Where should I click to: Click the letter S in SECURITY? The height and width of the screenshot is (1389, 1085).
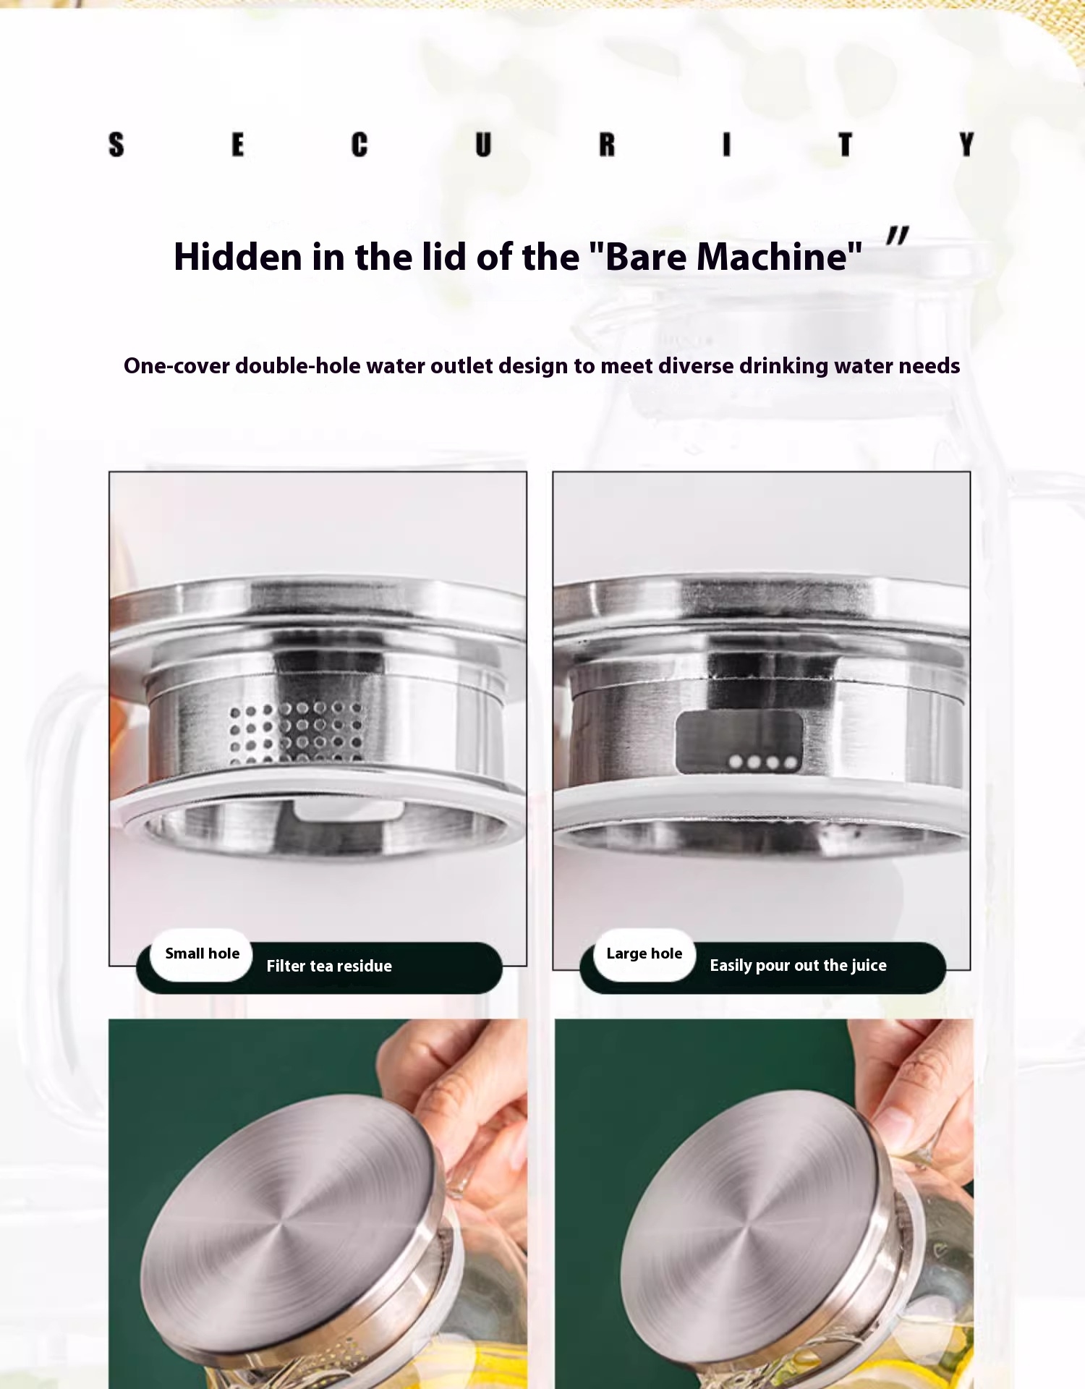pyautogui.click(x=116, y=145)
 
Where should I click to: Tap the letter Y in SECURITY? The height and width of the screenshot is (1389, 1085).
pyautogui.click(x=966, y=145)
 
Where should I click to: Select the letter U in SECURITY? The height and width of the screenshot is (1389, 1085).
pyautogui.click(x=483, y=145)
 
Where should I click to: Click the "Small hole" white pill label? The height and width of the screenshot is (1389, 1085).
pyautogui.click(x=201, y=954)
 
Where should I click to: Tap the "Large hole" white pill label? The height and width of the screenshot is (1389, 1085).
pyautogui.click(x=644, y=954)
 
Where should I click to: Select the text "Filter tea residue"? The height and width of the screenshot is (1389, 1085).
pyautogui.click(x=329, y=966)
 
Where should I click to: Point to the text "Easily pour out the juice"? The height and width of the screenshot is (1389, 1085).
pyautogui.click(x=798, y=966)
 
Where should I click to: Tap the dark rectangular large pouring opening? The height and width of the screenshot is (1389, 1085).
pyautogui.click(x=739, y=742)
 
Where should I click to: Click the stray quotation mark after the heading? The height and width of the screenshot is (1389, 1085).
pyautogui.click(x=897, y=235)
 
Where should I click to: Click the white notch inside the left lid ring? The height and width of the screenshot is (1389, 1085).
pyautogui.click(x=349, y=810)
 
